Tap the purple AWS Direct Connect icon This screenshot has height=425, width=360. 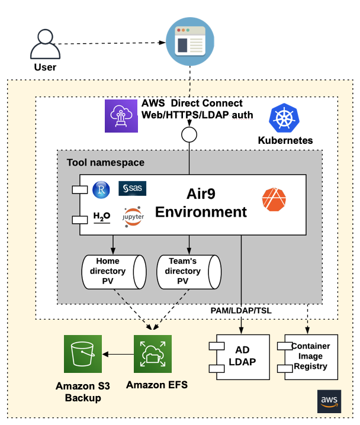click(121, 115)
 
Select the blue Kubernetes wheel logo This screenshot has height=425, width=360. click(285, 118)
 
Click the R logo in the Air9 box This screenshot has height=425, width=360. click(102, 189)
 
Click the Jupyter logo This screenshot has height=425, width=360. click(133, 218)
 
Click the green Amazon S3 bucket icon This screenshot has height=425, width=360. click(83, 353)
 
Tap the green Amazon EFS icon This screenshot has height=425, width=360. click(153, 353)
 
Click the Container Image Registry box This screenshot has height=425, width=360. click(311, 356)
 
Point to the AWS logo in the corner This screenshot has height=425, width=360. click(329, 401)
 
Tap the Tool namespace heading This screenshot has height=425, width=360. click(105, 162)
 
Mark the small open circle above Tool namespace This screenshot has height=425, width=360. click(189, 134)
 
